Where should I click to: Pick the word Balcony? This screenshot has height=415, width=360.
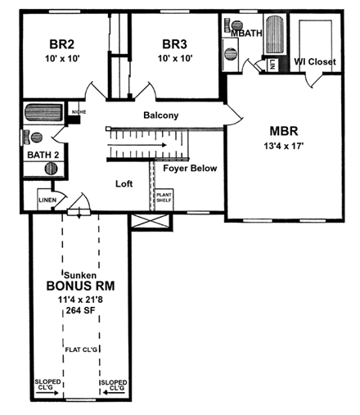[x=160, y=115]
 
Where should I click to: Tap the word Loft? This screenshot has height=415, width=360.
[x=124, y=184]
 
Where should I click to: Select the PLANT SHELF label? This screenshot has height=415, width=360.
[x=163, y=196]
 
